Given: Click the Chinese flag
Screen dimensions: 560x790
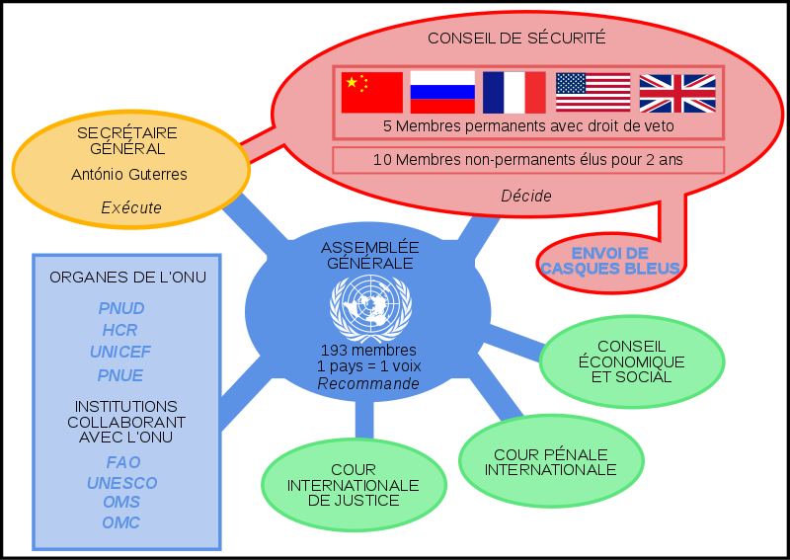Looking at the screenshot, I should (372, 92).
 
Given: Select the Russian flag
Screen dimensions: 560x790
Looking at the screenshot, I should (442, 92).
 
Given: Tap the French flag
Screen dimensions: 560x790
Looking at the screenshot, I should (513, 92).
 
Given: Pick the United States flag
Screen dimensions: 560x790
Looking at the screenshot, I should (592, 92).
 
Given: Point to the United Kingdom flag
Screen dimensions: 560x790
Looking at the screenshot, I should (677, 93).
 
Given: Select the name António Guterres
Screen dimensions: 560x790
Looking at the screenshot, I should (129, 175).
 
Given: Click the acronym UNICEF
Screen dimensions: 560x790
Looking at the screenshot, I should (121, 353).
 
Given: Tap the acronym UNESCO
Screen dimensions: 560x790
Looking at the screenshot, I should (121, 483).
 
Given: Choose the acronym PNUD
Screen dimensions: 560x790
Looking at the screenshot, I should (121, 308).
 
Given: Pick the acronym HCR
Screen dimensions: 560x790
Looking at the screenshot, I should (120, 330).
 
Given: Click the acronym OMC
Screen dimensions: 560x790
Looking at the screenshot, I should (121, 522).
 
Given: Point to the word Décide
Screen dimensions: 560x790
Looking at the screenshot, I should (526, 196).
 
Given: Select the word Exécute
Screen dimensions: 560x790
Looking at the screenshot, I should (131, 207).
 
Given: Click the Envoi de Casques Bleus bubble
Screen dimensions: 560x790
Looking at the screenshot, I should (610, 261).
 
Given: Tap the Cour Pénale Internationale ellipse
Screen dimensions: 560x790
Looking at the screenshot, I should (550, 461).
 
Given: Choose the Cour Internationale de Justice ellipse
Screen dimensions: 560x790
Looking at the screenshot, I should (353, 485).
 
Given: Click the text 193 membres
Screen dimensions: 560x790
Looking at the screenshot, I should (368, 351).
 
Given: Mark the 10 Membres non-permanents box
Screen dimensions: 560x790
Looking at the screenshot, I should (527, 159).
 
